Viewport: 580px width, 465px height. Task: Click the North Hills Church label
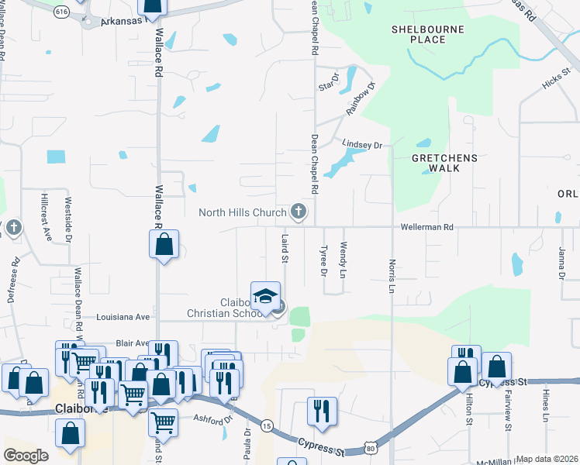243,212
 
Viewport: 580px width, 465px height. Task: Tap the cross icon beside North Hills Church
298,211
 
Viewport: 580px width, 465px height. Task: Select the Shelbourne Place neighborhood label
418,33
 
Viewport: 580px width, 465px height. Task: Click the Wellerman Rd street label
426,227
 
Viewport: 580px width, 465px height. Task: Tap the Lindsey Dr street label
363,145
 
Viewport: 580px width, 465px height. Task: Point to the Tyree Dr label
323,261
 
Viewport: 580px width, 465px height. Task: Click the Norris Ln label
392,275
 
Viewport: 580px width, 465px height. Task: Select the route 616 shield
62,12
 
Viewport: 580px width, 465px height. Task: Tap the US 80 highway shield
370,448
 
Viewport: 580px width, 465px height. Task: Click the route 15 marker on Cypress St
267,426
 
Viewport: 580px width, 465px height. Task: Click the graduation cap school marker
265,297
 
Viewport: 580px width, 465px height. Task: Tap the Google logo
26,456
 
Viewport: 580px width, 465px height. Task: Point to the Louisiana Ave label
122,317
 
